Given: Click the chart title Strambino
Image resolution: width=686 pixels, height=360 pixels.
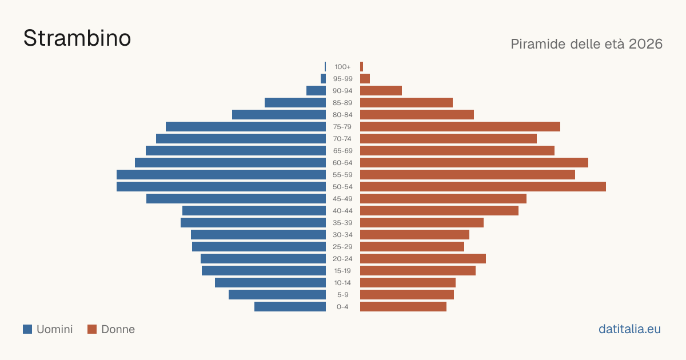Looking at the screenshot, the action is (x=77, y=38).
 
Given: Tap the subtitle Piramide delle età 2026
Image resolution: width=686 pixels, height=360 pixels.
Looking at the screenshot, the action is (x=587, y=44).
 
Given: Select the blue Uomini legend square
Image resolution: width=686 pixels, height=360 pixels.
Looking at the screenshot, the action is (x=27, y=329).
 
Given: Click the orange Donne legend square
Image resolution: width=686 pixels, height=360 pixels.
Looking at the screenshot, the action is (x=92, y=329).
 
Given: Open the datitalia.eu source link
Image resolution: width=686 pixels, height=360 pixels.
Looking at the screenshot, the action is (x=629, y=329).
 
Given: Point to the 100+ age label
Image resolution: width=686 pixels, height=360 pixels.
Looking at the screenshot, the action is (x=342, y=67).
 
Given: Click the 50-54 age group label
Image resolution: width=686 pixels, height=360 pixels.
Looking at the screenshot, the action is (x=342, y=187).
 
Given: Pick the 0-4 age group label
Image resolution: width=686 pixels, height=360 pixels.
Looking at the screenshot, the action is (x=342, y=307).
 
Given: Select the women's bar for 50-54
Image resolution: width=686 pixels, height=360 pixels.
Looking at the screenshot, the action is (x=483, y=187).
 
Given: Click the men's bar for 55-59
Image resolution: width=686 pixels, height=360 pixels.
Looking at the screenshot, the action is (x=221, y=175).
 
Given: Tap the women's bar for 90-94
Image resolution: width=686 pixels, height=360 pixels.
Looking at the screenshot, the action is (x=381, y=91).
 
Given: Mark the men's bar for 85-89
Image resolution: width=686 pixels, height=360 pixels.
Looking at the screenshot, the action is (x=295, y=102).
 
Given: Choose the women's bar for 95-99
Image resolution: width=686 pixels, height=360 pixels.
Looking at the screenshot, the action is (x=365, y=79).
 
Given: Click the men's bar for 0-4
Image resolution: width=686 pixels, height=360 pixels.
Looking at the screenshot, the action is (x=290, y=307).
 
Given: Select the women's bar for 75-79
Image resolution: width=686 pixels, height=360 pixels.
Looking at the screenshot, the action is (x=460, y=127).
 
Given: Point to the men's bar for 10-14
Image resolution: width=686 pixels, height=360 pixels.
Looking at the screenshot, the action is (x=270, y=282).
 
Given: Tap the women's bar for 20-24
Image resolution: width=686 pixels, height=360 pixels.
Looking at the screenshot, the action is (x=423, y=259).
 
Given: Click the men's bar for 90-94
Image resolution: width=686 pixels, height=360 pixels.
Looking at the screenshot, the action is (x=316, y=91).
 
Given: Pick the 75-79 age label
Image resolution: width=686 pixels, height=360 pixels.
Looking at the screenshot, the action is (x=342, y=127).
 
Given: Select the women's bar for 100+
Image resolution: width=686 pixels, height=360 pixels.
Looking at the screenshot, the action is (x=362, y=67).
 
